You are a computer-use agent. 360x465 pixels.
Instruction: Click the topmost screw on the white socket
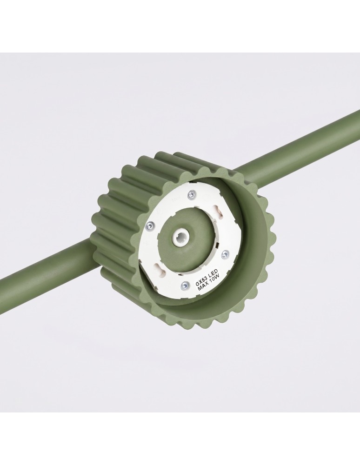(x=192, y=195)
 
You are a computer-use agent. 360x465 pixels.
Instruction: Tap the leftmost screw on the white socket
(x=150, y=226)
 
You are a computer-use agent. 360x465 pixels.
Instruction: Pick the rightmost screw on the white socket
(x=226, y=253)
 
